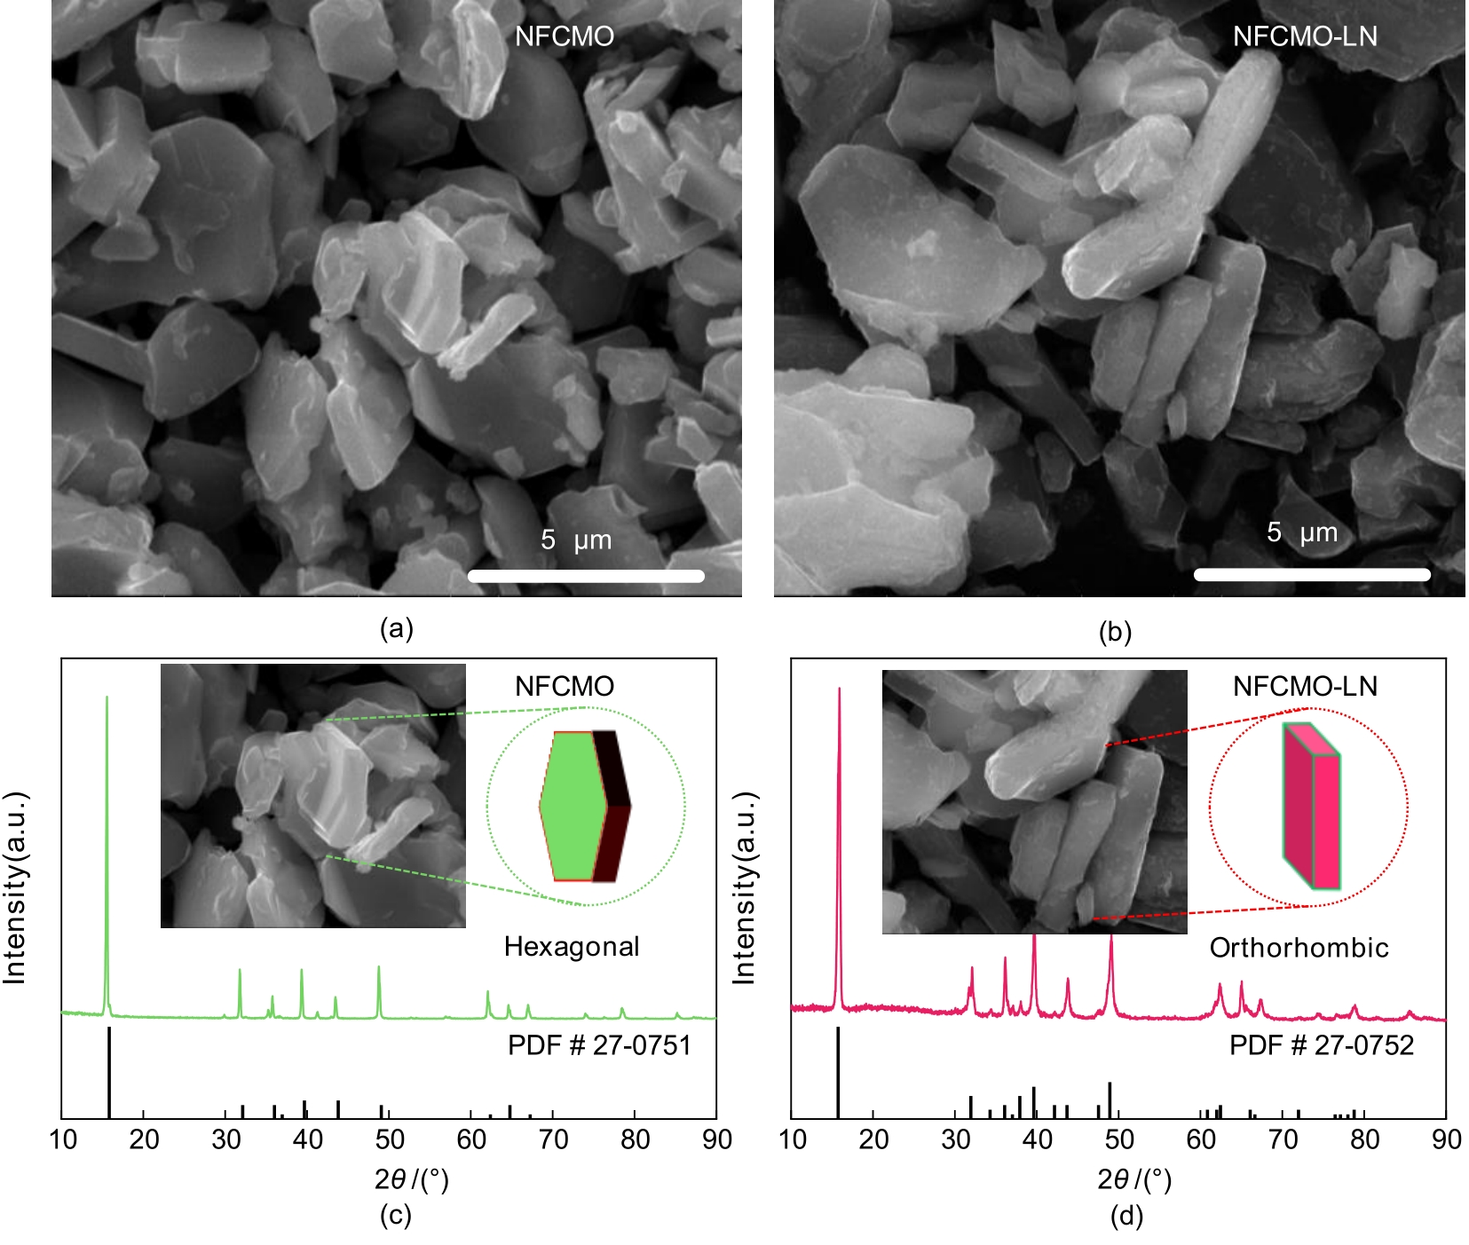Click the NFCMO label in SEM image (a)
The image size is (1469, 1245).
pyautogui.click(x=564, y=36)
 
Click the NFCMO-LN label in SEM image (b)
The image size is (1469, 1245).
pyautogui.click(x=1304, y=36)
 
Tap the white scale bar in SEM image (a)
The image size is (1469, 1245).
pyautogui.click(x=586, y=576)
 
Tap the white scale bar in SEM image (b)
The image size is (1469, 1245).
pyautogui.click(x=1312, y=574)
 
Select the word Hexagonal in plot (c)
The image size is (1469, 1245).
pyautogui.click(x=572, y=947)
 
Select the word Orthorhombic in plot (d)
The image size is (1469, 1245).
pyautogui.click(x=1299, y=948)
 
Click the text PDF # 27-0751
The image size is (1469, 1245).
pyautogui.click(x=599, y=1045)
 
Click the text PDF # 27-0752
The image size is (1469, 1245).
pyautogui.click(x=1321, y=1045)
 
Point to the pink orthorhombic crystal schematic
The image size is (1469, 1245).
pyautogui.click(x=1311, y=806)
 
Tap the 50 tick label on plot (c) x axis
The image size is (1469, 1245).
pyautogui.click(x=390, y=1139)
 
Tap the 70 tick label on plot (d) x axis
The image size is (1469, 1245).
pyautogui.click(x=1283, y=1139)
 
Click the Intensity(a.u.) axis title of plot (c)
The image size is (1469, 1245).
pyautogui.click(x=15, y=887)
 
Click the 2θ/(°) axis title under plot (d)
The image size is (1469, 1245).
pyautogui.click(x=1133, y=1179)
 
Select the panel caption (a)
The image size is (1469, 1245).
pyautogui.click(x=396, y=629)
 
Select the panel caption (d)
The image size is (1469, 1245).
pyautogui.click(x=1126, y=1216)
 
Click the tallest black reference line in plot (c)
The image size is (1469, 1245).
pyautogui.click(x=109, y=1072)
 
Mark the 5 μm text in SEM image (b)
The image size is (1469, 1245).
pyautogui.click(x=1301, y=532)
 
